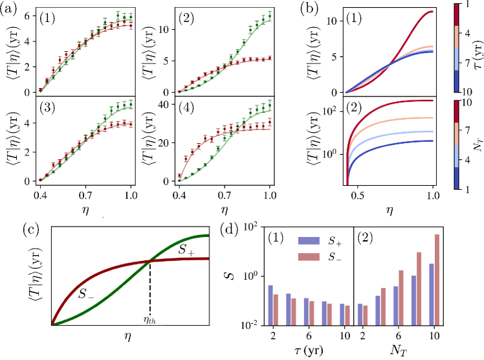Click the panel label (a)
pos(9,10)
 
